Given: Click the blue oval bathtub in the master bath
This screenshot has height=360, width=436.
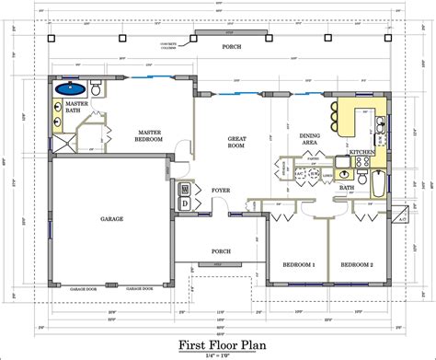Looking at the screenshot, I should tap(71, 90).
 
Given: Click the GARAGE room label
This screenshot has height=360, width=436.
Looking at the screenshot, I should tap(111, 219).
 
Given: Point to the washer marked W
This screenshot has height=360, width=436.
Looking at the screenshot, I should tap(185, 187).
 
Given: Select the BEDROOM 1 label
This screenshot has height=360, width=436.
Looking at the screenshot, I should tap(298, 264).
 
